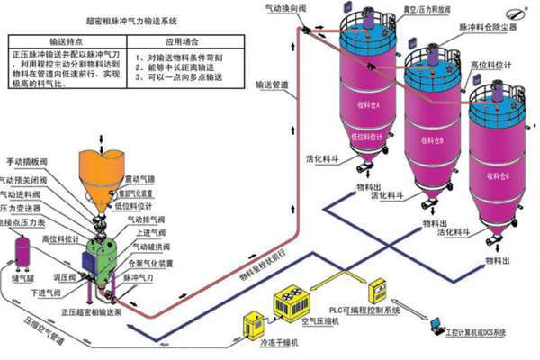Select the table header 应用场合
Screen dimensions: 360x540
pos(183,41)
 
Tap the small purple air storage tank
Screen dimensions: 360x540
pos(22,251)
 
